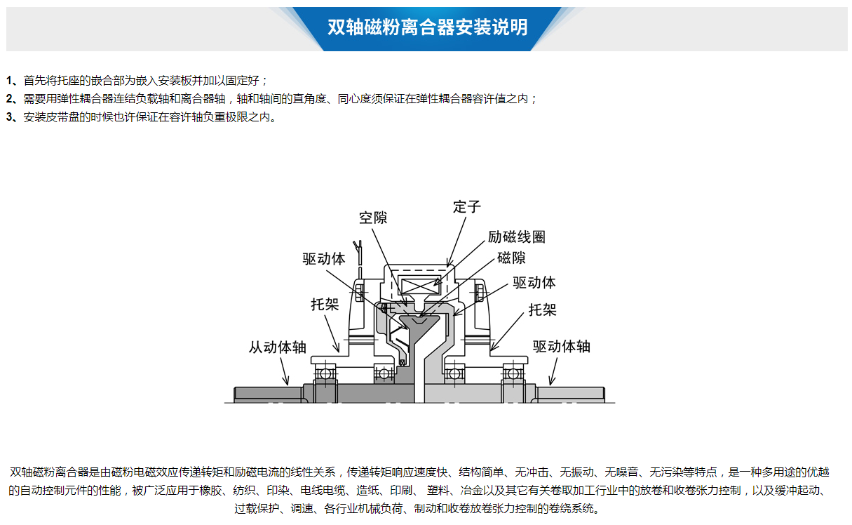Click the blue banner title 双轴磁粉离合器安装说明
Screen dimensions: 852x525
[x=428, y=27]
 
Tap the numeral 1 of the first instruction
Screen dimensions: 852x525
[x=9, y=81]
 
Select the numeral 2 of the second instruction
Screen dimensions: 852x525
[x=10, y=99]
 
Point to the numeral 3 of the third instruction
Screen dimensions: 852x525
[x=10, y=117]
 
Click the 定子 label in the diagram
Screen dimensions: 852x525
[x=467, y=207]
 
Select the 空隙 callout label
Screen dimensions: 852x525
[x=373, y=218]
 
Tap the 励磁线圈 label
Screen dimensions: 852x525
[x=517, y=237]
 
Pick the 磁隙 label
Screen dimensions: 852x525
[x=512, y=258]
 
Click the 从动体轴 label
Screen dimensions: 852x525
[x=277, y=347]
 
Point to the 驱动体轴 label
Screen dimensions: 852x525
[x=562, y=347]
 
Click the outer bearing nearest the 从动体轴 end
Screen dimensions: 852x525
[x=325, y=374]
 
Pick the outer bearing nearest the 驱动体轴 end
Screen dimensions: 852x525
[x=513, y=374]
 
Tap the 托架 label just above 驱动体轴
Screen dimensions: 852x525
[x=543, y=310]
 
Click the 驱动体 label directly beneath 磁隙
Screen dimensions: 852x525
[x=534, y=282]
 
